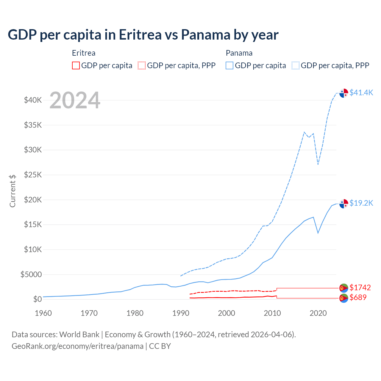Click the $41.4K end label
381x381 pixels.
coord(361,93)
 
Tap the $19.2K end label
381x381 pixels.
coord(361,203)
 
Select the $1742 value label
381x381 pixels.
coord(360,288)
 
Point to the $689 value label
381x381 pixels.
coord(358,297)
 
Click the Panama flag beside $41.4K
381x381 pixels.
coord(344,93)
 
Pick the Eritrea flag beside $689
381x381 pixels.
coord(344,298)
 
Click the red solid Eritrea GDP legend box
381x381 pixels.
coord(76,65)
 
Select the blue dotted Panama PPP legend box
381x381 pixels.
coord(296,65)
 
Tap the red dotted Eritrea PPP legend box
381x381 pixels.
coord(142,65)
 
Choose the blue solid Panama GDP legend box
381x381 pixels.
coord(229,65)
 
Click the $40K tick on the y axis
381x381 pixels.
coord(33,100)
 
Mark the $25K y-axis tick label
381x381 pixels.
coord(33,175)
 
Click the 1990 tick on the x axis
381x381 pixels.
coord(181,313)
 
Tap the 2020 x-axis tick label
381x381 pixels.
coord(318,313)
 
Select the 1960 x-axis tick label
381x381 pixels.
coord(43,313)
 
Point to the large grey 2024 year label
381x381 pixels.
coord(75,101)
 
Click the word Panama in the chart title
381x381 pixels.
coord(205,35)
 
